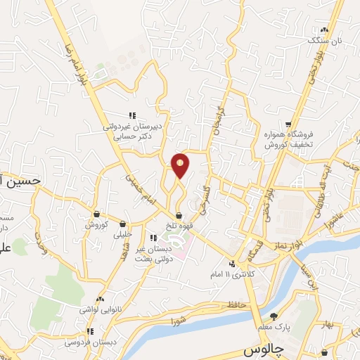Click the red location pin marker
click(x=181, y=165)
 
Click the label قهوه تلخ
click(x=179, y=226)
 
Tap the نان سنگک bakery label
click(x=328, y=41)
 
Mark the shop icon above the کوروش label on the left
click(x=96, y=214)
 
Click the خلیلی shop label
click(x=123, y=235)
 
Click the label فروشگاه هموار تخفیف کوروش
click(x=288, y=139)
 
